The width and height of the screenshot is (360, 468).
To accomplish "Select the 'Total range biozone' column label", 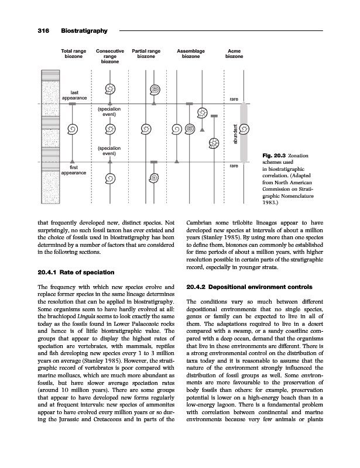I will (73, 55).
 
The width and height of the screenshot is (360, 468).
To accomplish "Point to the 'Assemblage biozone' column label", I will (191, 55).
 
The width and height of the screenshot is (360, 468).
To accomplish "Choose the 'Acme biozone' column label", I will (234, 55).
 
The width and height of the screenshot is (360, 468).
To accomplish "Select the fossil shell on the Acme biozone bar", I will (245, 128).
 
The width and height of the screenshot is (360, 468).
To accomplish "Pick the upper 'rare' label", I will (234, 99).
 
